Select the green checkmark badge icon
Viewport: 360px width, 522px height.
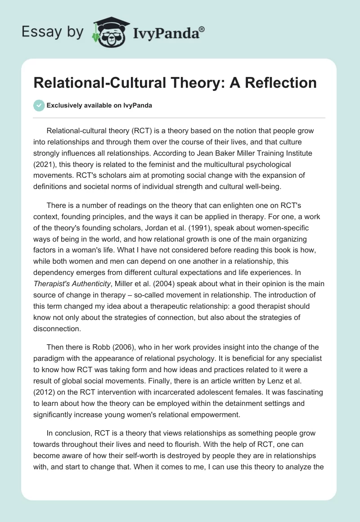point(39,105)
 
